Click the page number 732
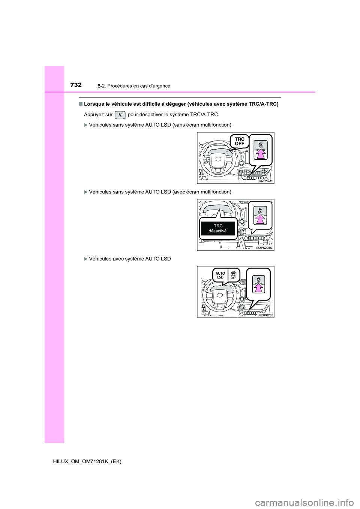[x=76, y=85]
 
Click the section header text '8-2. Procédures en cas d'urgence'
[x=133, y=86]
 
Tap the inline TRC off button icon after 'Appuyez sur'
[x=120, y=115]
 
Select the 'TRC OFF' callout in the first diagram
[x=239, y=142]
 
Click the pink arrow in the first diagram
[x=261, y=154]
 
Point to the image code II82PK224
[x=265, y=181]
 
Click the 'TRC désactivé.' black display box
[x=218, y=228]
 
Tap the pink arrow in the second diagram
[x=260, y=219]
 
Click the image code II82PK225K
[x=264, y=248]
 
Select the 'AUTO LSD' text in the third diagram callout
[x=220, y=275]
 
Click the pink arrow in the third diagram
[x=258, y=287]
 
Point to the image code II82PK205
[x=266, y=315]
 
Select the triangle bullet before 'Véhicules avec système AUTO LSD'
[x=85, y=259]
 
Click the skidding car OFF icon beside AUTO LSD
[x=233, y=275]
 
